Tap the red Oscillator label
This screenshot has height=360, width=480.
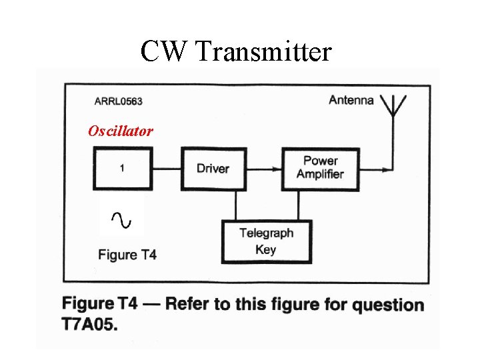coord(121,131)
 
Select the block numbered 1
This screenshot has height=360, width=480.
coord(121,169)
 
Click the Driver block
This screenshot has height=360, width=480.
coord(212,169)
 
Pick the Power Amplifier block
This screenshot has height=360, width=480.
coord(320,168)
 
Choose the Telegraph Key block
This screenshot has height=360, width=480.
coord(266,241)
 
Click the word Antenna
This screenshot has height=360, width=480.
coord(351,100)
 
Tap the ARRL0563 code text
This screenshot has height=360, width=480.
coord(118,101)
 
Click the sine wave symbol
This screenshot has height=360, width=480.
coord(121,217)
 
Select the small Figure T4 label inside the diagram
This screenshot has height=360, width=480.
coord(127,254)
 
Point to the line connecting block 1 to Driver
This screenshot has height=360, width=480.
coord(166,169)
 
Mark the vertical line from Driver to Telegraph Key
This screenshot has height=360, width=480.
coord(235,205)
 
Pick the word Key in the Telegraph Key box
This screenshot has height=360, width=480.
coord(265,250)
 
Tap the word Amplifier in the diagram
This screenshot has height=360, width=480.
coord(320,175)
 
